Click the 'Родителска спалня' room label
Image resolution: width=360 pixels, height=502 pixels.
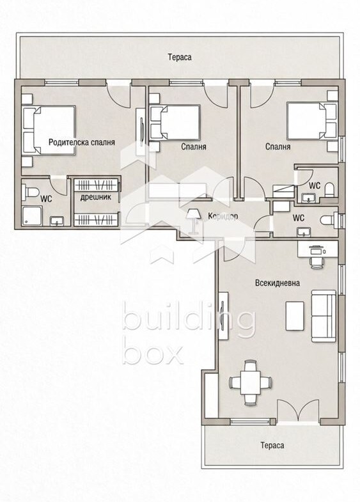[82, 143]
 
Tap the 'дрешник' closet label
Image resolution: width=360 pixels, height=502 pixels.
[96, 197]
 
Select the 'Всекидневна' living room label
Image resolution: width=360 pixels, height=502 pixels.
[278, 283]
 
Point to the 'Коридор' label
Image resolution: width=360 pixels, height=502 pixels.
[223, 216]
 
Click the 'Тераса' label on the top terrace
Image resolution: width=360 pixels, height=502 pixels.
[180, 58]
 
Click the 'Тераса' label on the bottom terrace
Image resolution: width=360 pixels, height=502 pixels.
[272, 445]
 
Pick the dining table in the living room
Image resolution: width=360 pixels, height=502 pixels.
[251, 382]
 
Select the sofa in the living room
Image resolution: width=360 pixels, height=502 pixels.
[324, 316]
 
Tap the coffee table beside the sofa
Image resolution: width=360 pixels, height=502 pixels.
[295, 316]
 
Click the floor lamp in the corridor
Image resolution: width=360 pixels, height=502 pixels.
[193, 221]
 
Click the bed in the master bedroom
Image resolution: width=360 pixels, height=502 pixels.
[49, 130]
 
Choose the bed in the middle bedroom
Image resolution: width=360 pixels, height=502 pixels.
[175, 122]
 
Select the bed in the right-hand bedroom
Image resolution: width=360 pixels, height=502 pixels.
[312, 121]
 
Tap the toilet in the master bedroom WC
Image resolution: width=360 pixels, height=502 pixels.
[31, 192]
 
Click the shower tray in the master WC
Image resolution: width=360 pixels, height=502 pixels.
[32, 216]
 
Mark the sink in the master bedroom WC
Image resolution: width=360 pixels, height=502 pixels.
[57, 221]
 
